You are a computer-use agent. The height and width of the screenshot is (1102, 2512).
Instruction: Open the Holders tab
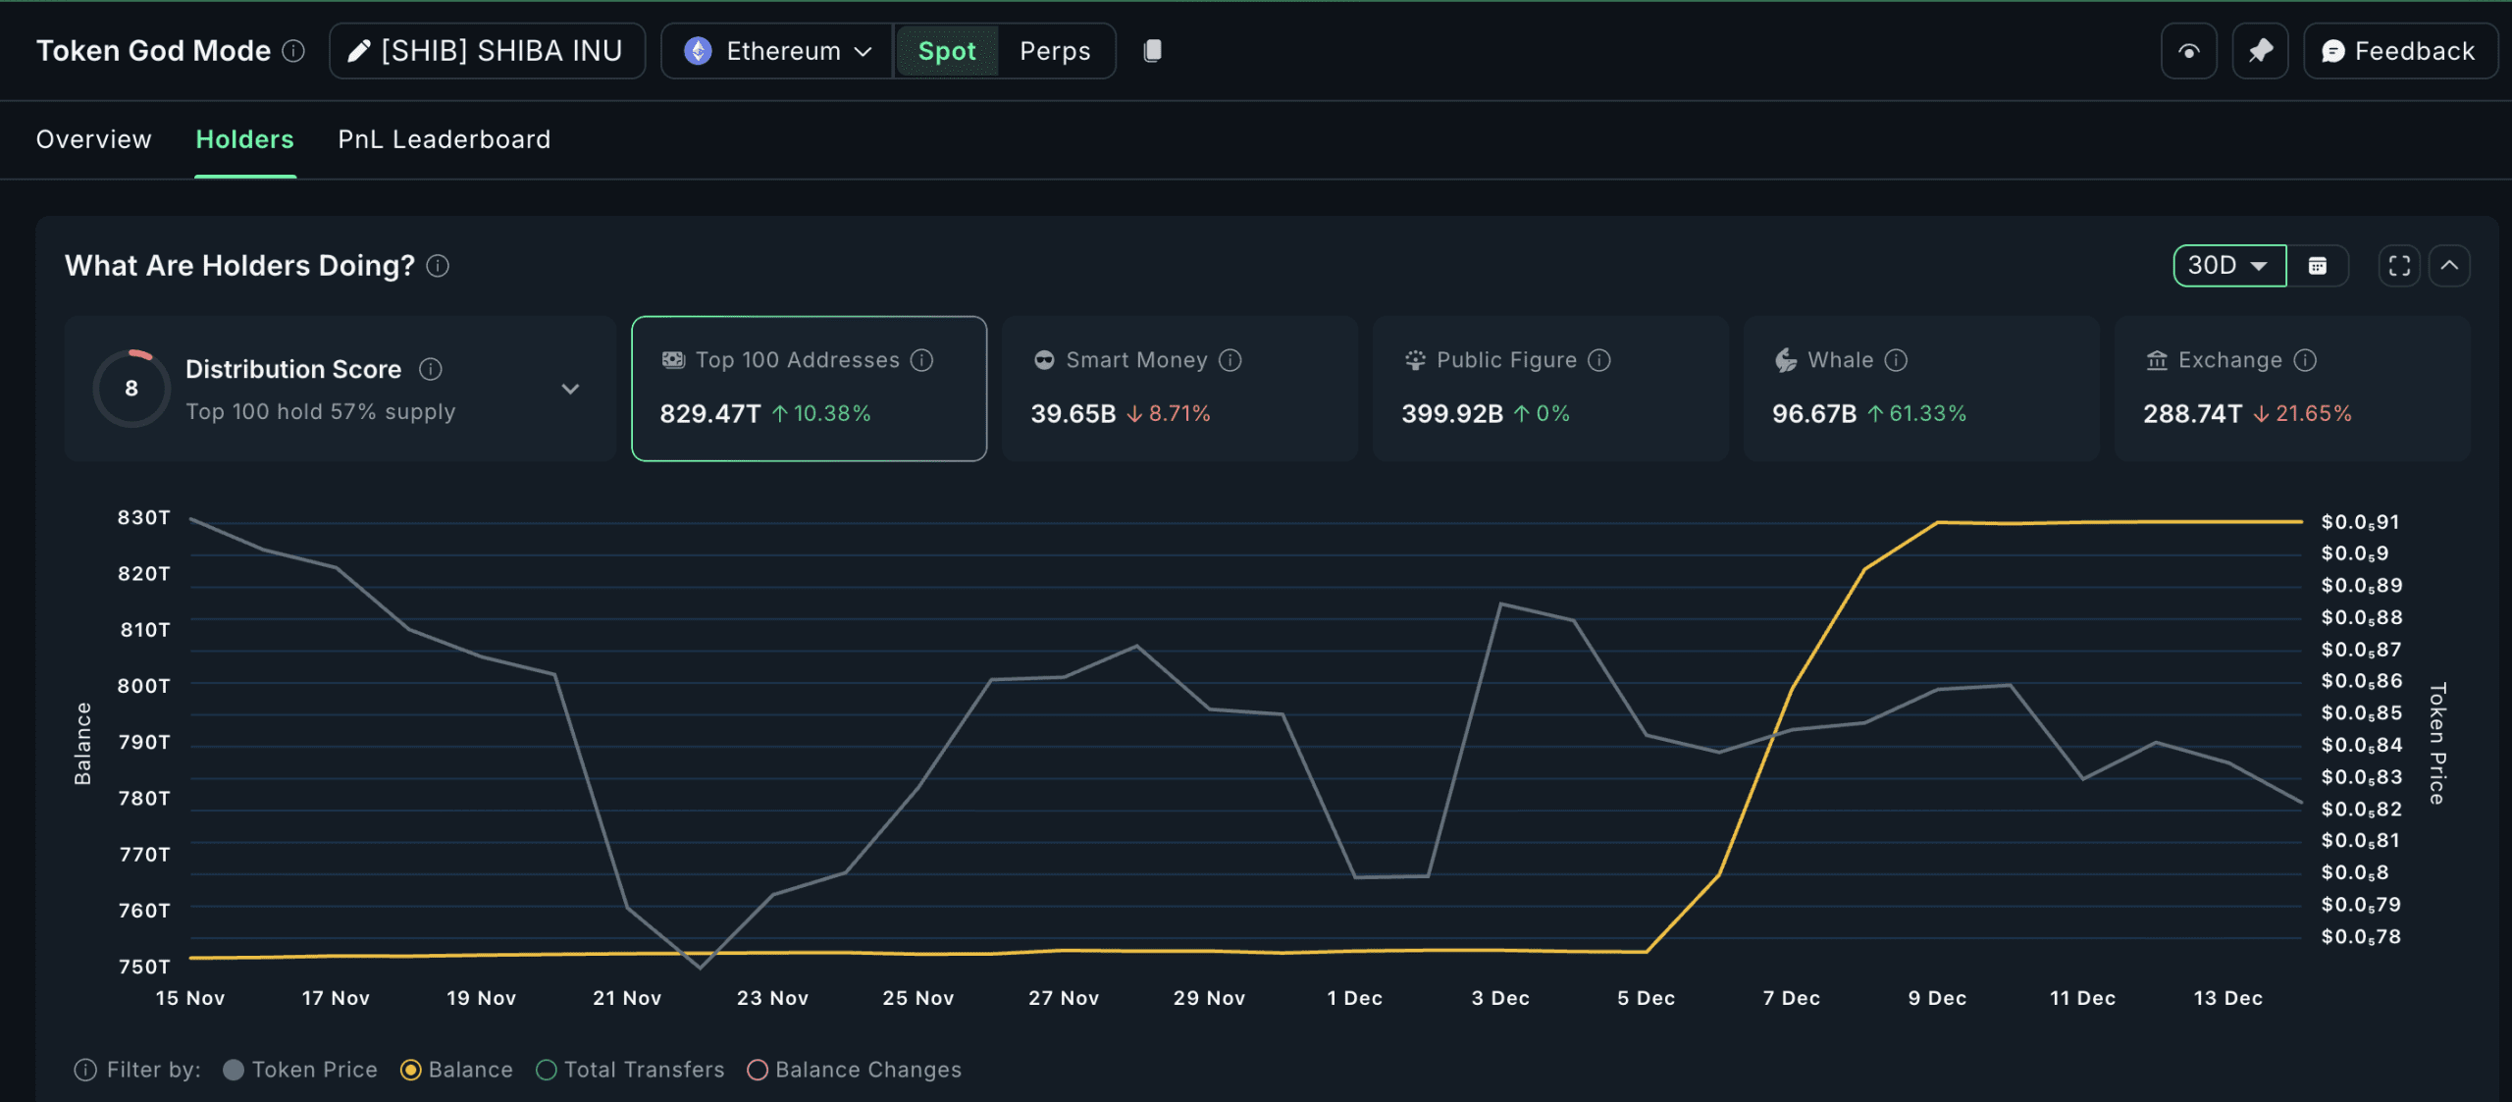coord(244,139)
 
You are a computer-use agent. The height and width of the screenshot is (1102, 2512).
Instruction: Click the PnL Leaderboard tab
coord(444,139)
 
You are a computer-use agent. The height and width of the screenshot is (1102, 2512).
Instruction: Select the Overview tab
coord(94,139)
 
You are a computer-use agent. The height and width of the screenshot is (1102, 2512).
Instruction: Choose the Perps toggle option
coord(1055,51)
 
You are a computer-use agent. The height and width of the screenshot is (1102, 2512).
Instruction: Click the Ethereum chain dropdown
coord(778,51)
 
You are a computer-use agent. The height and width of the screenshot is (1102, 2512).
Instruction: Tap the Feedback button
coord(2399,51)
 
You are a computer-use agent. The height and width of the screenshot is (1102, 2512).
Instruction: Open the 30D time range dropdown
coord(2228,266)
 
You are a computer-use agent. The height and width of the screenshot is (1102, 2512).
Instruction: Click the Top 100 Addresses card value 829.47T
coord(709,414)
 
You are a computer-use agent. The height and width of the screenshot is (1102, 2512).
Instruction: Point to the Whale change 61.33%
coord(1927,414)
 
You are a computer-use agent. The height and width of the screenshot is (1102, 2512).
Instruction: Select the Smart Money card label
coord(1136,360)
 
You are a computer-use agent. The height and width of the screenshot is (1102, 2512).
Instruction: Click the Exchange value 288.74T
coord(2192,414)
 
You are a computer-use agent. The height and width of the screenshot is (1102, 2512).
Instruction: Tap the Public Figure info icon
coord(1599,360)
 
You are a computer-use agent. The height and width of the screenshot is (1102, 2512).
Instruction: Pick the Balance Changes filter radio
coord(758,1070)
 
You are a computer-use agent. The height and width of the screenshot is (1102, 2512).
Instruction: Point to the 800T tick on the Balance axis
coord(143,686)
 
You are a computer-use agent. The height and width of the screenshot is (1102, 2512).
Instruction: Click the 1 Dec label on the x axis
coord(1354,998)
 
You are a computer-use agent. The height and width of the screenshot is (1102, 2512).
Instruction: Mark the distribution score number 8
coord(131,389)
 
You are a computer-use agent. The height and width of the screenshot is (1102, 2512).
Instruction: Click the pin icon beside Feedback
coord(2260,51)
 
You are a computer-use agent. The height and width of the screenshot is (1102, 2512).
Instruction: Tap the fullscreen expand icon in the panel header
coord(2399,266)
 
